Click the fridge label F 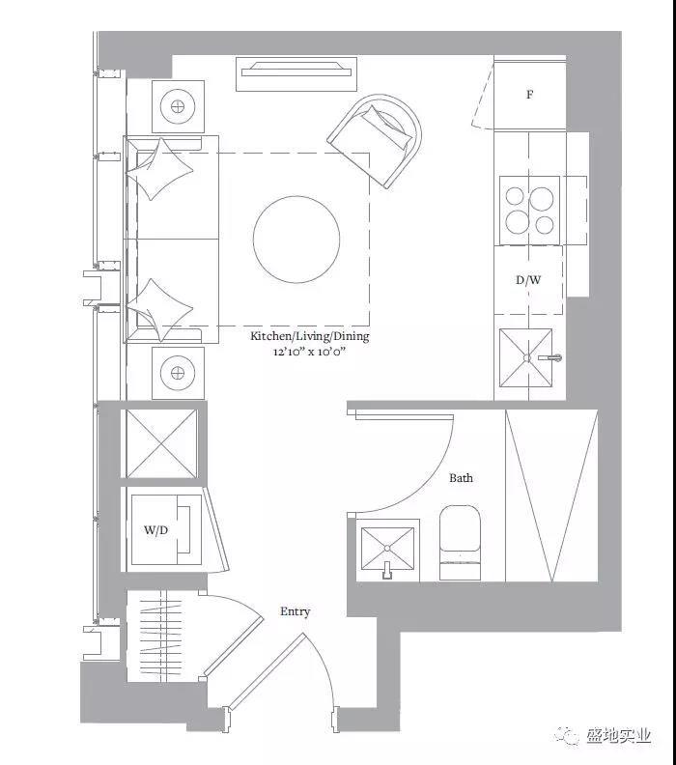[529, 94]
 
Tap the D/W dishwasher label [528, 280]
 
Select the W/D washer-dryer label [156, 530]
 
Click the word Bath [461, 477]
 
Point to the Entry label [296, 611]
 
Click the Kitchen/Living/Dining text [310, 336]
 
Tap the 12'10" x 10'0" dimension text [309, 352]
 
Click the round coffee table [296, 239]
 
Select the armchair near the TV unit [375, 140]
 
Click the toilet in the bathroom [460, 542]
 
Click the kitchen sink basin [525, 358]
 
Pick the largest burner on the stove [542, 199]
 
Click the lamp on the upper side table [178, 106]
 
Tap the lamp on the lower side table [178, 373]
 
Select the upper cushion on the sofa [160, 168]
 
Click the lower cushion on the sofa [160, 310]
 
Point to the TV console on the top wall [296, 73]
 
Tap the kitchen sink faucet [550, 357]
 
